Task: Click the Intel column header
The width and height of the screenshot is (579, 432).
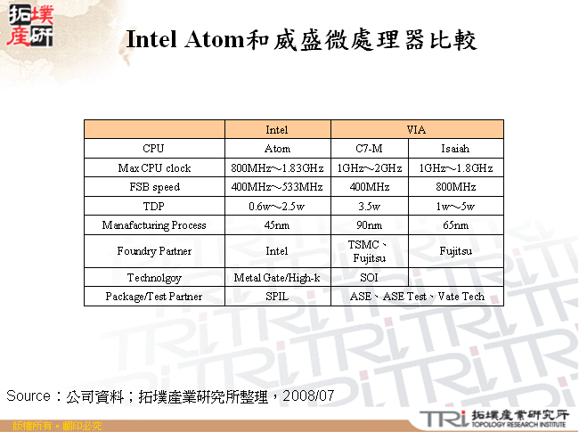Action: [277, 130]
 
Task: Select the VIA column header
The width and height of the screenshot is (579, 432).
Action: [416, 130]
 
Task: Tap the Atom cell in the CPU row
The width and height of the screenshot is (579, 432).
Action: [277, 149]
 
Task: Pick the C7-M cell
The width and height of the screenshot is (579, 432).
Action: [369, 149]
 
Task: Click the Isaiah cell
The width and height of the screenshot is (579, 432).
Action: [454, 149]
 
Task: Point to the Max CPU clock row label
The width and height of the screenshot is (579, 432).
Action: [154, 168]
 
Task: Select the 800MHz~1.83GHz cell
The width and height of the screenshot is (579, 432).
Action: [277, 168]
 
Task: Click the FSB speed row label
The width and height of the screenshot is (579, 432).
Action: [154, 187]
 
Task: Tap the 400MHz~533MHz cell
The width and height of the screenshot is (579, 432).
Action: [277, 187]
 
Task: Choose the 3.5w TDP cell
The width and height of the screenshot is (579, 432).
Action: [369, 207]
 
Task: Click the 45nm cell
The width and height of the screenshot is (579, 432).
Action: [277, 225]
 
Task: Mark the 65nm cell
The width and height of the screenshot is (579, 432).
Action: [454, 225]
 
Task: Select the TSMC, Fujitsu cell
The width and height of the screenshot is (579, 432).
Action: [369, 251]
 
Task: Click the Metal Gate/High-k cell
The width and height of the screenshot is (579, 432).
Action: [277, 278]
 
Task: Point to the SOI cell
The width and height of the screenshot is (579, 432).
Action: [369, 278]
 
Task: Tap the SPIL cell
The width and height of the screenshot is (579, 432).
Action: [277, 297]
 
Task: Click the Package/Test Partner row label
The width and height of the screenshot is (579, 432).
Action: [154, 297]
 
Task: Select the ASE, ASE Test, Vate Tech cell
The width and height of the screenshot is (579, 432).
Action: [416, 297]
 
